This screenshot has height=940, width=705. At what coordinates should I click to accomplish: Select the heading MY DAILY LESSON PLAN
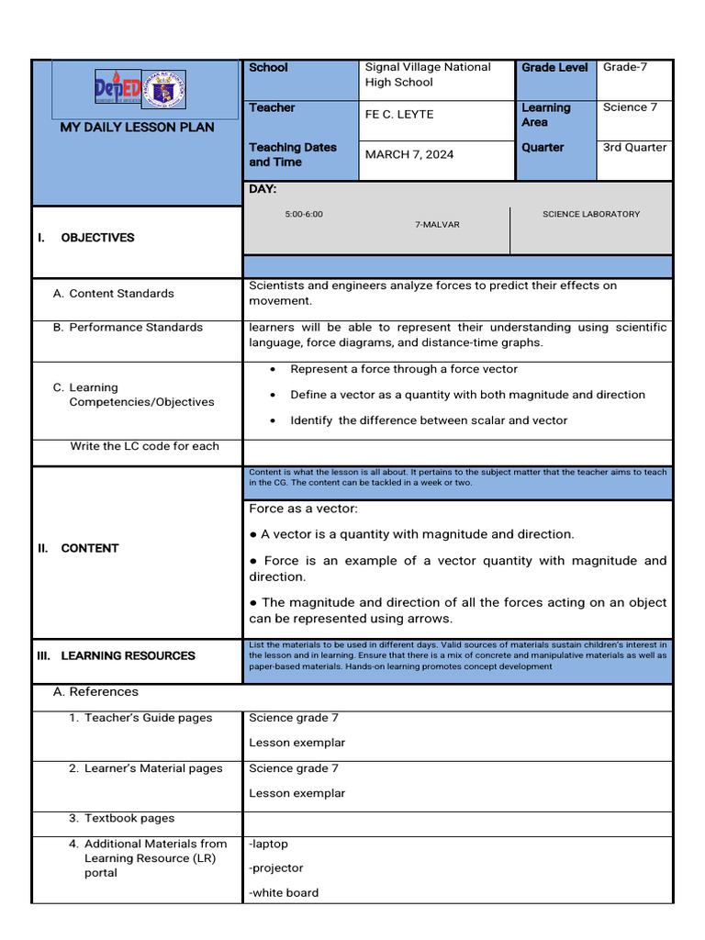(137, 127)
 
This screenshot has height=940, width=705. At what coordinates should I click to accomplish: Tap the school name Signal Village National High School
(428, 74)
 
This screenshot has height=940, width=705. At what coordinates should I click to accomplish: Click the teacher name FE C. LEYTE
(399, 115)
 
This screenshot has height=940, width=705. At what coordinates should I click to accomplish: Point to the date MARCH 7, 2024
(409, 154)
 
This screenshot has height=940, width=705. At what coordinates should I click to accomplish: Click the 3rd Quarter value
(634, 147)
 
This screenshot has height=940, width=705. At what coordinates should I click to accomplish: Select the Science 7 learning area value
(630, 107)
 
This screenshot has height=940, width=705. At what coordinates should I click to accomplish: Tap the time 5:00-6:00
(304, 214)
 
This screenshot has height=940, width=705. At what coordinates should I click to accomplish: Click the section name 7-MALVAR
(437, 224)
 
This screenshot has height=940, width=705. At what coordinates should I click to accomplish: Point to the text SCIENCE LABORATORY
(591, 214)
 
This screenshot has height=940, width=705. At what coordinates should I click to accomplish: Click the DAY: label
(263, 189)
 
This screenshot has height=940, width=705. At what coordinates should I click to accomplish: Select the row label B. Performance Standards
(129, 327)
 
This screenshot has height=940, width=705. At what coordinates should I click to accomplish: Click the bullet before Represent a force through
(274, 369)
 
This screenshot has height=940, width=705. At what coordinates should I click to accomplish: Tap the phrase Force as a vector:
(304, 509)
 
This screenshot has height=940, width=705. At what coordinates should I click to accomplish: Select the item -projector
(276, 867)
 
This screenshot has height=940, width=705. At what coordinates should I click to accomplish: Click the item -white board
(284, 892)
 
